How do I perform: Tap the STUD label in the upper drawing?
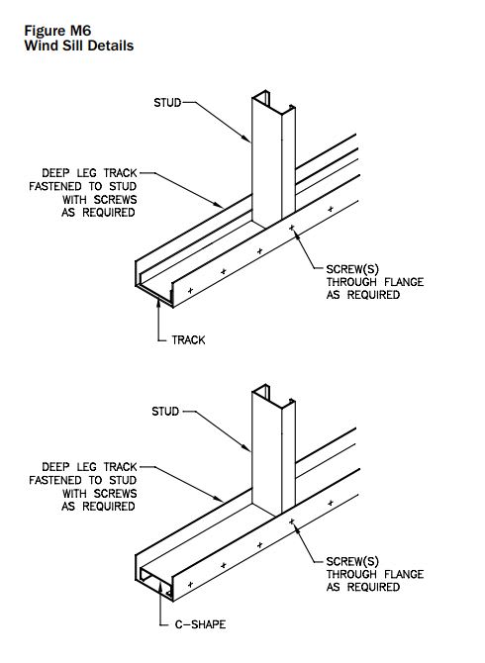[167, 102]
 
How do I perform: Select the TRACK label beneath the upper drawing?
[189, 339]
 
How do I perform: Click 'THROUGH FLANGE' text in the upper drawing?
[374, 282]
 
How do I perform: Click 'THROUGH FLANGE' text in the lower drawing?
[374, 575]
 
